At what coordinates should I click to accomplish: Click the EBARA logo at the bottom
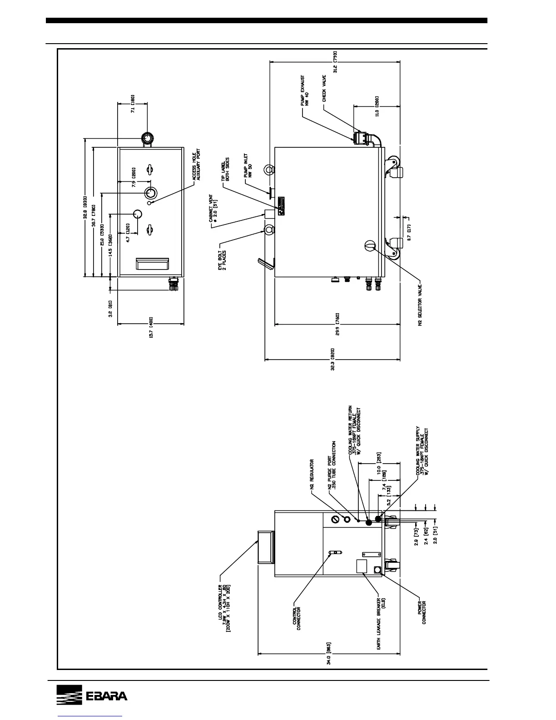[92, 695]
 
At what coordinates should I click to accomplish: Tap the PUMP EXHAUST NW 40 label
[304, 91]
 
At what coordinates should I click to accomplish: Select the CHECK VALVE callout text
[324, 89]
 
